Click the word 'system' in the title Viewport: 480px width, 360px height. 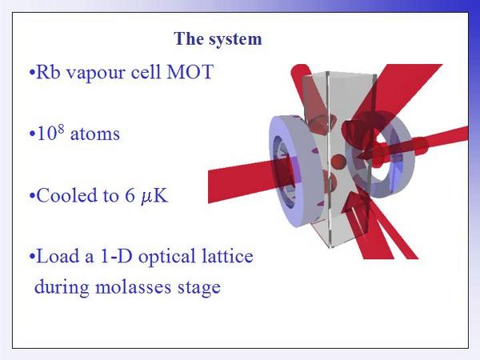click(x=236, y=39)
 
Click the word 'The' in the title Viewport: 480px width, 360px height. click(x=189, y=38)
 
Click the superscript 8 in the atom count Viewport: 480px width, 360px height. click(x=61, y=129)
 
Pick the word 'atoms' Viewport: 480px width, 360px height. click(x=95, y=134)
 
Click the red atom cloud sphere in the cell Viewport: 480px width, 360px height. click(x=338, y=162)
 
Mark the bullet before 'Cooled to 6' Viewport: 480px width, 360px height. click(x=32, y=196)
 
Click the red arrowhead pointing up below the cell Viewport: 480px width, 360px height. click(x=352, y=202)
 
